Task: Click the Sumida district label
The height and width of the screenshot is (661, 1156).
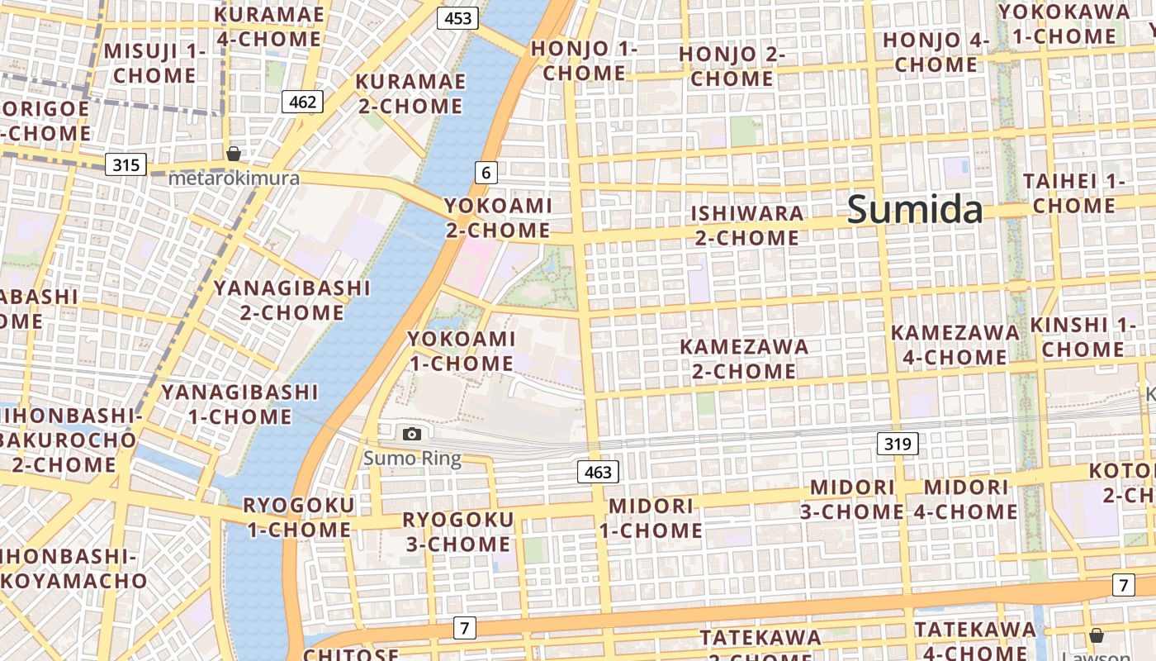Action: pos(915,209)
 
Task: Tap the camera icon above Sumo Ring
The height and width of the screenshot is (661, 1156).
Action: pos(411,434)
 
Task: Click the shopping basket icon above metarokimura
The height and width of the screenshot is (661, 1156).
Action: pos(234,154)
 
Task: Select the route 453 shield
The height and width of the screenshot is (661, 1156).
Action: pos(457,18)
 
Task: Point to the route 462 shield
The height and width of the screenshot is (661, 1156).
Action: pos(302,102)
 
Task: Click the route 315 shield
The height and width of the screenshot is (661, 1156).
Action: pos(126,164)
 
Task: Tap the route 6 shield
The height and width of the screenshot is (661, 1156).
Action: pos(486,173)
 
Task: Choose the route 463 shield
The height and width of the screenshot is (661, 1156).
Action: pos(597,472)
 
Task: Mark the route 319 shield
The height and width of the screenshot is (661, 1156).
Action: pos(897,445)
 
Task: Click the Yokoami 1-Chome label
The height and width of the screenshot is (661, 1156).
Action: pos(462,351)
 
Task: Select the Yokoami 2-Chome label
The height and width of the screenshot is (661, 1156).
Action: pos(498,217)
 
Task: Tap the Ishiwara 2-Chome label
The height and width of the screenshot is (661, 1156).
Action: pos(746,226)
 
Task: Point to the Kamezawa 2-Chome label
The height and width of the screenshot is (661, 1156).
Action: pos(744,359)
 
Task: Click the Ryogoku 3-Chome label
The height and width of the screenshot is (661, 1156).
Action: pos(457,531)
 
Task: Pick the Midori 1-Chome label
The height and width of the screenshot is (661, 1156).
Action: pos(651,518)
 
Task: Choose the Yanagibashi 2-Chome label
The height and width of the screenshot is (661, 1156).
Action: pos(292,300)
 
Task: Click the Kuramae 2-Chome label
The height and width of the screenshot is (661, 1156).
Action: pos(410,94)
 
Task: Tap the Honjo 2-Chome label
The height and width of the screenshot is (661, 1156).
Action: pos(732,66)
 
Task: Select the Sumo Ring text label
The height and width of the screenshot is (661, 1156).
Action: pos(412,458)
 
